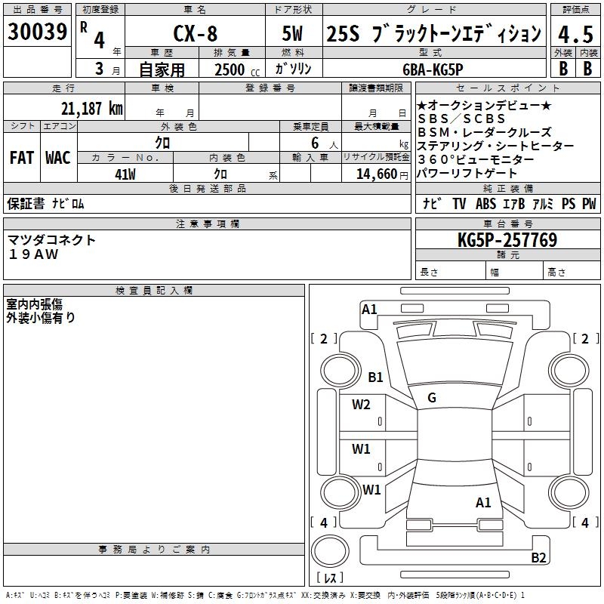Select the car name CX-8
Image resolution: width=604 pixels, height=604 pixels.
[x=195, y=35]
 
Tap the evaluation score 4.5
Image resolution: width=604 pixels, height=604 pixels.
[x=574, y=34]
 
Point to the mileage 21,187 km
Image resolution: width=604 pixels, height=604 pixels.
[x=91, y=108]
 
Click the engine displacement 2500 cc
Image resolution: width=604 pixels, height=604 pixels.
[x=234, y=69]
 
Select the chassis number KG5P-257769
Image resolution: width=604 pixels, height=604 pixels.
[x=507, y=241]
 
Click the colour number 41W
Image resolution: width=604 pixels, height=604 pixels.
[x=125, y=174]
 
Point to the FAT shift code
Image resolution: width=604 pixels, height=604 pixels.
[x=22, y=158]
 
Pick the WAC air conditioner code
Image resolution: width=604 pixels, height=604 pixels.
[x=58, y=158]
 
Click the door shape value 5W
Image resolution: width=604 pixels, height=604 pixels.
[x=294, y=35]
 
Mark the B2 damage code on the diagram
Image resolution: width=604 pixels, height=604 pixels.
[x=538, y=558]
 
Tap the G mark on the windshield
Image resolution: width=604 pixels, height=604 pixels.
[x=431, y=398]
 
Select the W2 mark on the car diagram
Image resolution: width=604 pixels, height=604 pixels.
[x=361, y=404]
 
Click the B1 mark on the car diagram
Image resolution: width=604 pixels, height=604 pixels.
[x=375, y=377]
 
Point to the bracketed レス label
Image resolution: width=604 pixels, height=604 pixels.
[x=330, y=578]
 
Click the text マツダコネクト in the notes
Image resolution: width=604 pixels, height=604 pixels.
[x=52, y=240]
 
